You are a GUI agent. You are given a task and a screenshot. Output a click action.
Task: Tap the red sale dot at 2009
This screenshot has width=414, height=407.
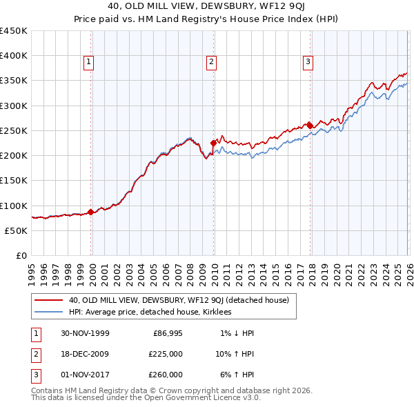point(213,143)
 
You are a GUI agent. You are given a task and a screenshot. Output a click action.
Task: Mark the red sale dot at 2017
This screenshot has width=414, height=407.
point(310,126)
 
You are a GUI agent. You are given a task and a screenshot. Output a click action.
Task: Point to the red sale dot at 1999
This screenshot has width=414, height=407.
point(91,212)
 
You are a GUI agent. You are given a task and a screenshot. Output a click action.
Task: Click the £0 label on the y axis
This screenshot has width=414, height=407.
point(20,255)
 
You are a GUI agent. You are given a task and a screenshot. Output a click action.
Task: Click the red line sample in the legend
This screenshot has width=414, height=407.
point(49,300)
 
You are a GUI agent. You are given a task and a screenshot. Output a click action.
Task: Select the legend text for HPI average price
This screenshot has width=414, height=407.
point(150,312)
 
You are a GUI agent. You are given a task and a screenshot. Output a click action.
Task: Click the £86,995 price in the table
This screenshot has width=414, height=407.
point(168,333)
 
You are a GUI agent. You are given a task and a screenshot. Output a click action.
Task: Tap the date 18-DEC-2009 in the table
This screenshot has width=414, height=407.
point(86,354)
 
